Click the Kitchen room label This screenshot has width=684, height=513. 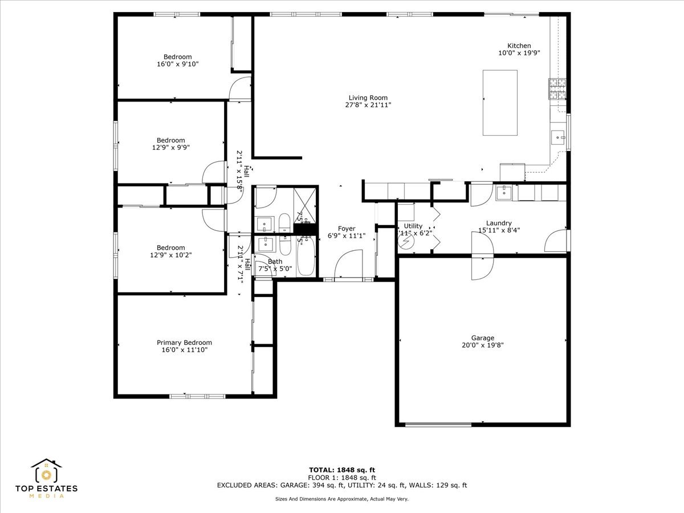coord(519,46)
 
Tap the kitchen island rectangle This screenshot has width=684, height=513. coord(500,103)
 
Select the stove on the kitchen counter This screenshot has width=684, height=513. coord(557,88)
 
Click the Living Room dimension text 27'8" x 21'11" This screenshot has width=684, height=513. coord(368,105)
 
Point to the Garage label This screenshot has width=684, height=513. coord(482,337)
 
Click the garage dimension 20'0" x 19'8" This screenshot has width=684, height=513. coord(482,345)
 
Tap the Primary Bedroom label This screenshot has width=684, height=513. coord(184,343)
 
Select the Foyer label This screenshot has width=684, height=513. coord(347,229)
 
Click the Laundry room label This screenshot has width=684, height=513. coord(499,223)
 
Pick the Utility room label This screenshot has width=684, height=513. coord(413,226)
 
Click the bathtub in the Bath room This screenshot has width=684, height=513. coord(306,256)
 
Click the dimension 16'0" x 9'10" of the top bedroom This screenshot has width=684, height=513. coord(177,64)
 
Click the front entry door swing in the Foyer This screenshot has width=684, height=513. coord(349,266)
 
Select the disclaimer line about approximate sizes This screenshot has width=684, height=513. coord(342,499)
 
